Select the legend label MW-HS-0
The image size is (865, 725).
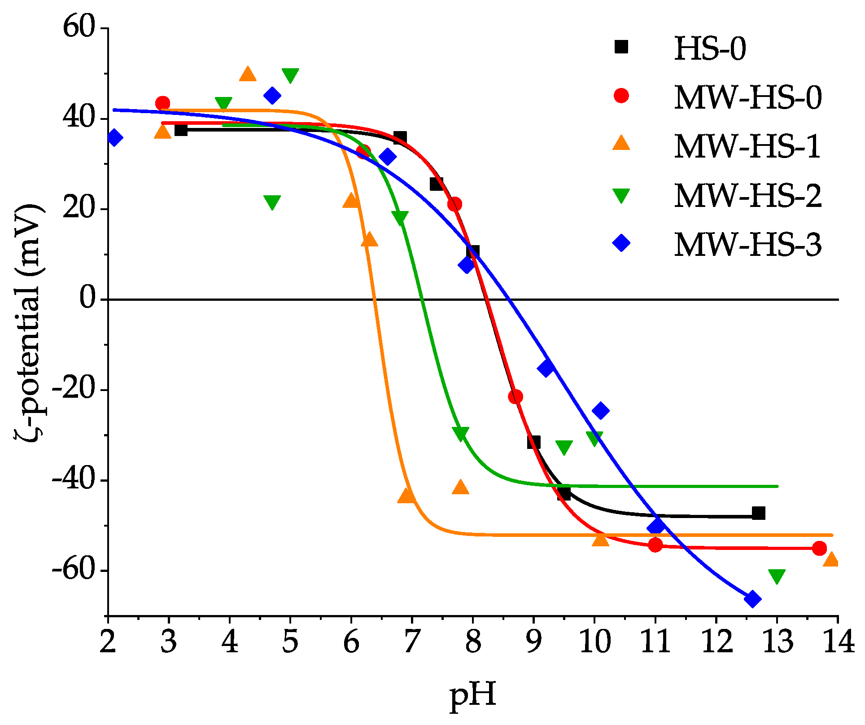tap(747, 97)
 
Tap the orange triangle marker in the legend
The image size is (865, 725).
tap(621, 144)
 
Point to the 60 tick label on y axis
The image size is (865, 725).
tap(80, 28)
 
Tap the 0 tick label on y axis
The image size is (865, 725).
tap(88, 299)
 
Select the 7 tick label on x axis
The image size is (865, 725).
tap(412, 642)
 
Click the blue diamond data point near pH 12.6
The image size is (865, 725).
tap(752, 599)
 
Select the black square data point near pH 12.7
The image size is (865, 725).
tap(758, 513)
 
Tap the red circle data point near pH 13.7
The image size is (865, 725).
tap(819, 548)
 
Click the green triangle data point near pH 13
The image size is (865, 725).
tap(777, 576)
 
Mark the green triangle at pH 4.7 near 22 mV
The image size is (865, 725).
tap(272, 202)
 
